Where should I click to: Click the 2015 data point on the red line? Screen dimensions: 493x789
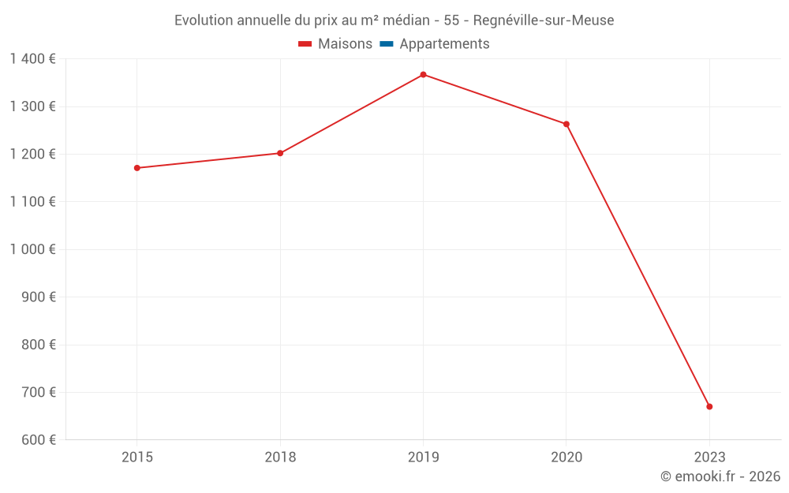tap(136, 168)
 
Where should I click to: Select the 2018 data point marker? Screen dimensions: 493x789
tap(280, 153)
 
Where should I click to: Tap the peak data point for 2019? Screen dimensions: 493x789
tap(423, 75)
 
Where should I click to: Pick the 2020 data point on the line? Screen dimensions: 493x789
tap(567, 124)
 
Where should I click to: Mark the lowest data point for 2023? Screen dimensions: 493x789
tap(709, 406)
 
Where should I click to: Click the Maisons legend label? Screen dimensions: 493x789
tap(345, 44)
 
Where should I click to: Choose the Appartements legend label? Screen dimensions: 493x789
tap(444, 44)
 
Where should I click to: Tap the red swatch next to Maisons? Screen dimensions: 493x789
tap(305, 44)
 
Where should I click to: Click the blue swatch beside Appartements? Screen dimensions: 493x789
tap(387, 44)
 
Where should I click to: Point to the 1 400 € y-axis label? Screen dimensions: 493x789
tap(32, 58)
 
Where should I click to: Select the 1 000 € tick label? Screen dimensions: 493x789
tap(32, 249)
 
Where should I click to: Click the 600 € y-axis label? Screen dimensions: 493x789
tap(38, 440)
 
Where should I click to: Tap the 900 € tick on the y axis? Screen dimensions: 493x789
tap(38, 297)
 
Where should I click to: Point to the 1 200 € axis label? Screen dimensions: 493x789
tap(32, 154)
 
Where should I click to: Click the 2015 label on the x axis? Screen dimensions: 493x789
tap(137, 458)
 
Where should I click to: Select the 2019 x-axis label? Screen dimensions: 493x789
tap(424, 458)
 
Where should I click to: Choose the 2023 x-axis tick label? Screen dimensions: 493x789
tap(709, 458)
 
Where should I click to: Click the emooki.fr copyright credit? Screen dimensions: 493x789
tap(720, 476)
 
